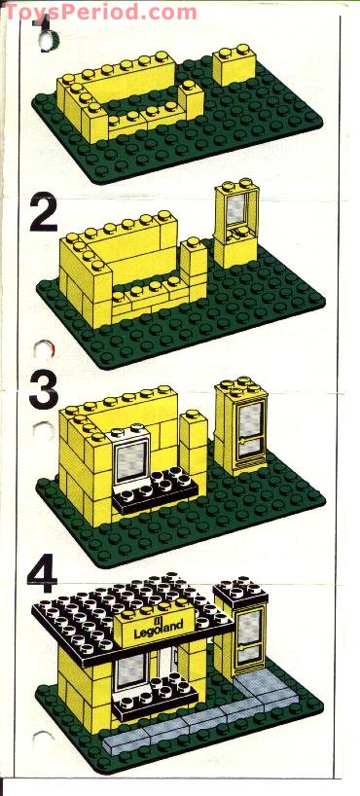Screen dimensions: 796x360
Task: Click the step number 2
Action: coord(43,214)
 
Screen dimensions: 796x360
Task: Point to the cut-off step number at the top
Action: coord(45,40)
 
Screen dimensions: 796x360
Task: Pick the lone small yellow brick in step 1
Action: coord(234,67)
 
